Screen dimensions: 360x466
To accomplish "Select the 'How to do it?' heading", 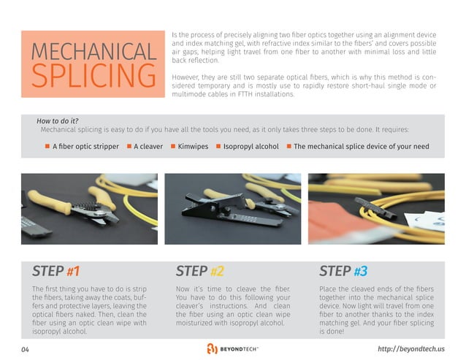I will coord(58,120).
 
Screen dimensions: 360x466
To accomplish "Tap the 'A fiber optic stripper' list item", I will coord(85,146).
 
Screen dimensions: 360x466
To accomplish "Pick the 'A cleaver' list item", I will coord(148,146).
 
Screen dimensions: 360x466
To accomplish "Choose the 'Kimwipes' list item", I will coord(194,146).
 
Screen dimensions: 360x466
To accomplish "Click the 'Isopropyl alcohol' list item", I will coord(251,146).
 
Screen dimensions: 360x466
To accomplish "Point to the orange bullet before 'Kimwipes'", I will coord(173,146).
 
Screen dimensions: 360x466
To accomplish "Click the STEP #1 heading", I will coord(56,272).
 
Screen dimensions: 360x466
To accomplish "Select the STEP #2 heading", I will coord(199,272).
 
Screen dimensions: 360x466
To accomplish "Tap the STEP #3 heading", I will coord(343,272).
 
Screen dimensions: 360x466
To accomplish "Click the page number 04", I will coord(26,349).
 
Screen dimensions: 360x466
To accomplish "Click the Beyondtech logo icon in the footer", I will coord(211,348).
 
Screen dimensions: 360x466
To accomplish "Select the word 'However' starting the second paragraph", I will coord(185,76).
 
